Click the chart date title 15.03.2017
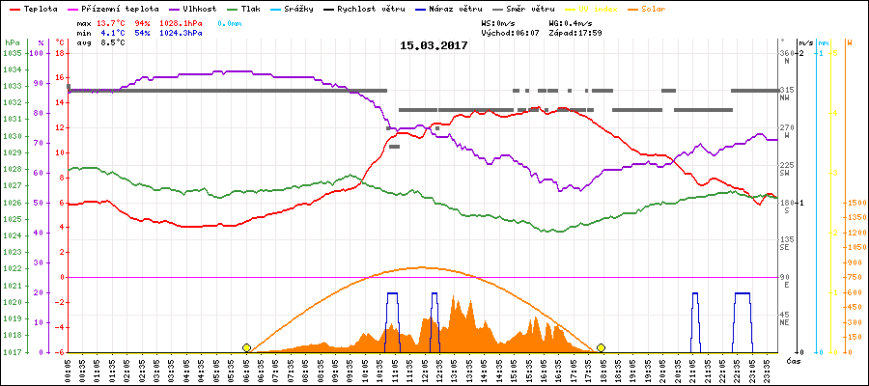pyautogui.click(x=434, y=45)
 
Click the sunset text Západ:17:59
pyautogui.click(x=575, y=32)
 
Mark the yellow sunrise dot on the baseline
pyautogui.click(x=247, y=347)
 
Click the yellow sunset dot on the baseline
pyautogui.click(x=601, y=347)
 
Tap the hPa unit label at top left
pyautogui.click(x=11, y=42)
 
